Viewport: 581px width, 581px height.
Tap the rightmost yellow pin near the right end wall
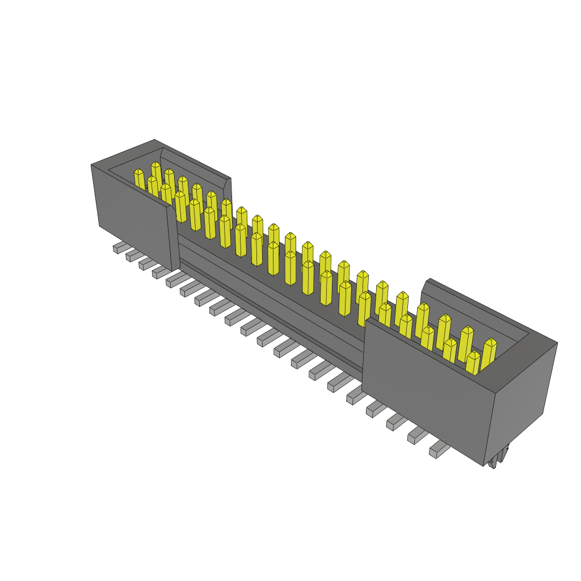pyautogui.click(x=489, y=354)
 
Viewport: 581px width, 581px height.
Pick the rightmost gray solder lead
pyautogui.click(x=439, y=451)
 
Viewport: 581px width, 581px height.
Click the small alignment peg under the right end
pyautogui.click(x=499, y=458)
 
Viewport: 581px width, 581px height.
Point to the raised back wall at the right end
pyautogui.click(x=477, y=306)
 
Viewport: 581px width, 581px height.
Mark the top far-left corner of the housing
pyautogui.click(x=92, y=165)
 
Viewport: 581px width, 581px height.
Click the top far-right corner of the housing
pyautogui.click(x=557, y=343)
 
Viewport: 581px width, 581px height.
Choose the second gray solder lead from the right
pyautogui.click(x=417, y=436)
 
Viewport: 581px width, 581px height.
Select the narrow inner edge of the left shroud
pyautogui.click(x=174, y=238)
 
